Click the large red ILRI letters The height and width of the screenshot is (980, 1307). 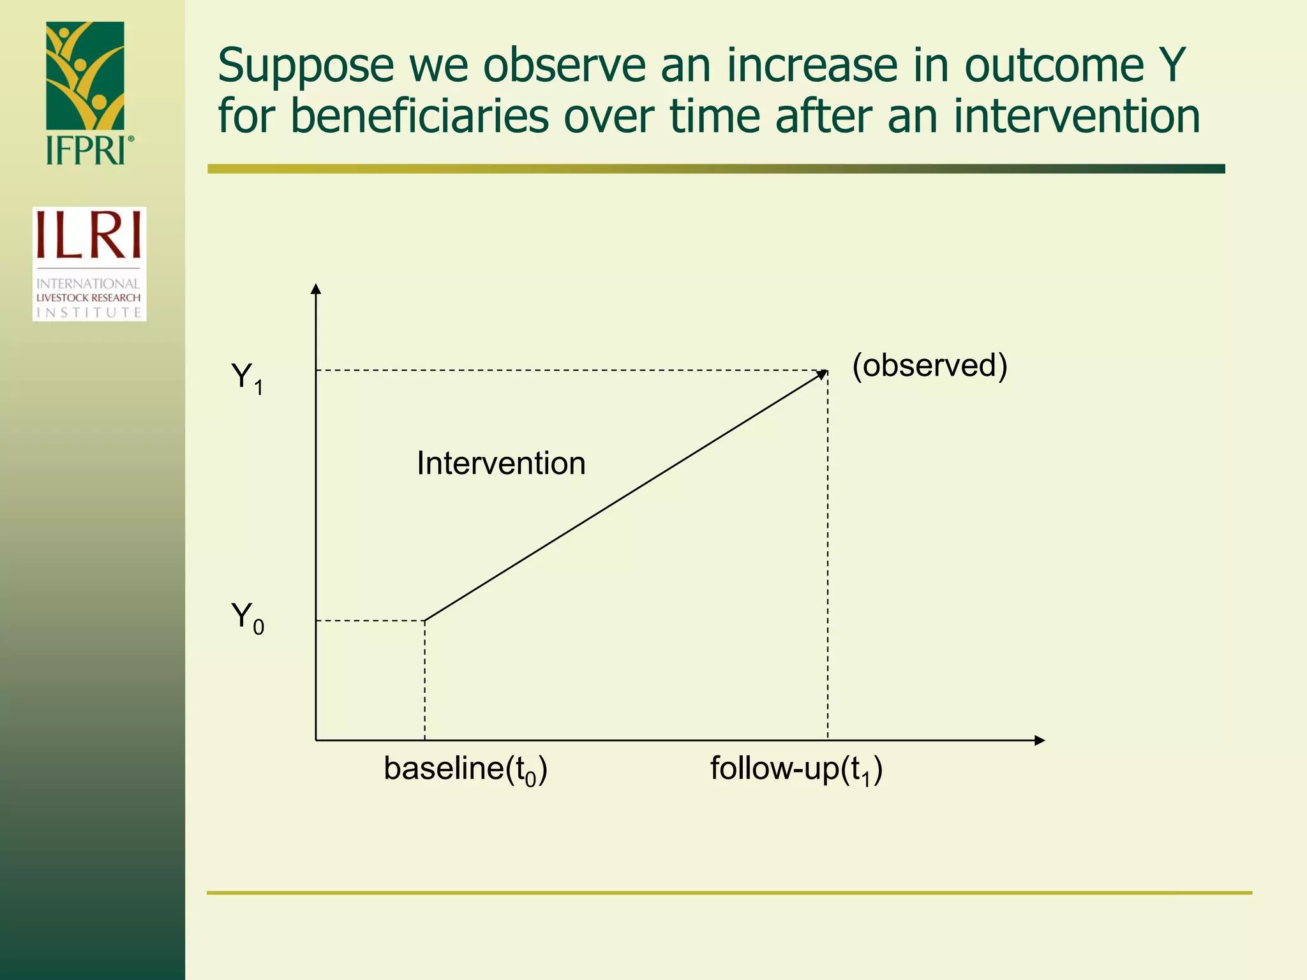tap(89, 235)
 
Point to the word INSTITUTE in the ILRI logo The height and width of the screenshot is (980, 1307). tap(89, 312)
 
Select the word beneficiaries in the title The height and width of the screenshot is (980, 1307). tap(419, 117)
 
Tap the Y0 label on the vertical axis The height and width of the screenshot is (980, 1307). tap(247, 618)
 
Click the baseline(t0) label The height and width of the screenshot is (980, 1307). tap(465, 769)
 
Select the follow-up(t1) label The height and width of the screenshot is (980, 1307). tap(796, 769)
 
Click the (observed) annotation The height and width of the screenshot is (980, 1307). tap(930, 366)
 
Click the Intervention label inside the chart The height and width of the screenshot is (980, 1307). tap(501, 463)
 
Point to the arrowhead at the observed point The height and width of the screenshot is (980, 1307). tap(823, 375)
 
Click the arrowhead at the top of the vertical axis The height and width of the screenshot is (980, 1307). tap(315, 289)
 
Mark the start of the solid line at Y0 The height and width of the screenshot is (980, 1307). tap(426, 620)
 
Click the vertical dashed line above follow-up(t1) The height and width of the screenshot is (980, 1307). tap(828, 555)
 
